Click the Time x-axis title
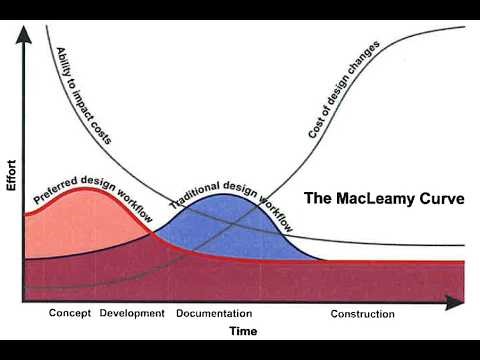(243, 330)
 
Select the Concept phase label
(70, 314)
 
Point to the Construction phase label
(362, 314)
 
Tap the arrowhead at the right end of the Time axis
(460, 300)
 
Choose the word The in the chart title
(317, 199)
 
